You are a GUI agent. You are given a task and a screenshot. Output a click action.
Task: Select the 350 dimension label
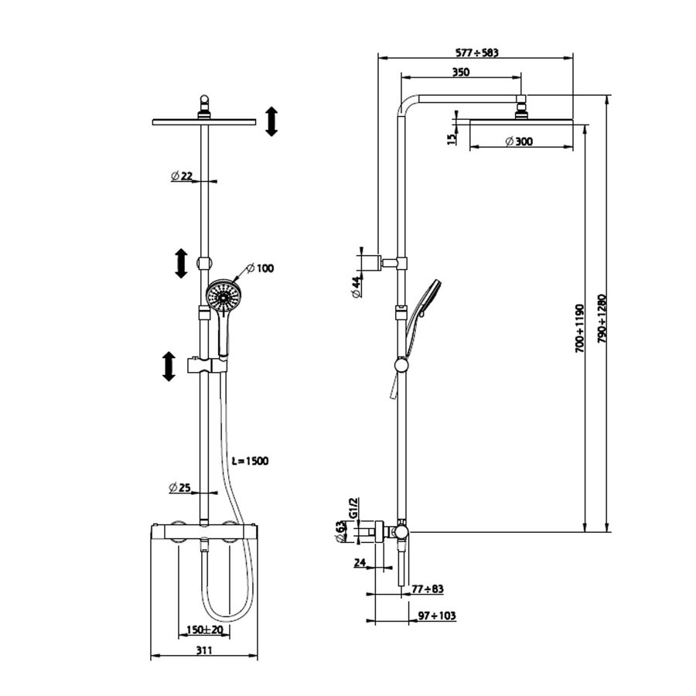click(461, 72)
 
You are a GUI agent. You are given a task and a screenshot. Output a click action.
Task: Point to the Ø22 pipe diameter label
click(182, 176)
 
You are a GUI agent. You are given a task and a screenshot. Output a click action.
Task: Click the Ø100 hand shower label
click(260, 268)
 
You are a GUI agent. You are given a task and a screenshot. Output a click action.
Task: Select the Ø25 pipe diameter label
click(182, 487)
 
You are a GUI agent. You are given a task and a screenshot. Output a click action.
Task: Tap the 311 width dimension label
click(203, 651)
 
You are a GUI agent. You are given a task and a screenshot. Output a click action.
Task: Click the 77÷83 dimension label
click(427, 589)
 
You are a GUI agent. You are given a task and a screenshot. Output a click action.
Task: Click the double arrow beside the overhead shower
click(271, 122)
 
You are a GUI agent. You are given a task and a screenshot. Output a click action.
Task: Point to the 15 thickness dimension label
click(452, 138)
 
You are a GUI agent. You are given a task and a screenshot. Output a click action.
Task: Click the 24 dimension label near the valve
click(359, 563)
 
